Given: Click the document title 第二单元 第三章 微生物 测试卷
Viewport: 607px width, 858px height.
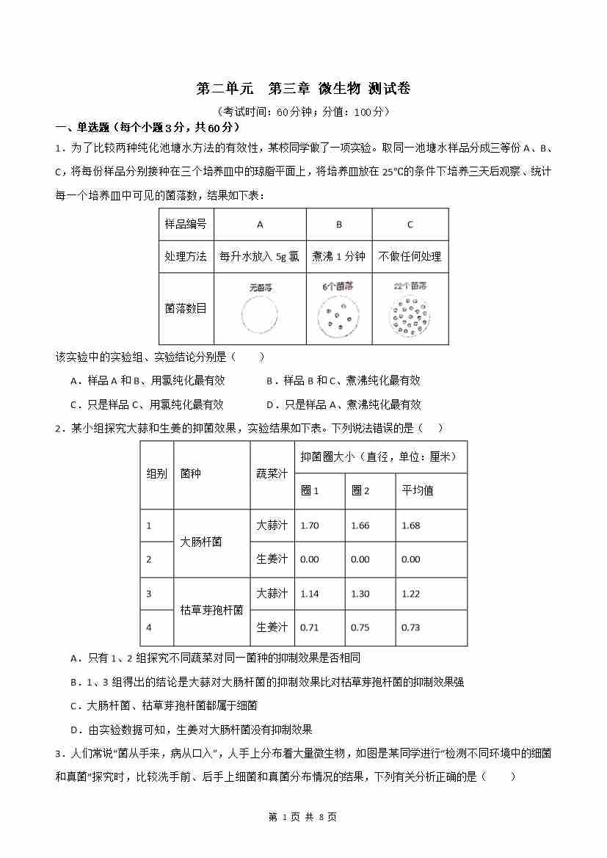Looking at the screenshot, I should click(303, 89).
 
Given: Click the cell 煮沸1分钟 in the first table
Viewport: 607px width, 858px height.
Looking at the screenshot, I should click(338, 257).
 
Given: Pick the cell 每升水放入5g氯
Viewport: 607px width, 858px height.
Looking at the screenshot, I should click(259, 257).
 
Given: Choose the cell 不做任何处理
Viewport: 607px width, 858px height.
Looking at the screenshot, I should click(410, 257).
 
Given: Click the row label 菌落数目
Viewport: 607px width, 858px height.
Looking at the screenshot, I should click(186, 308).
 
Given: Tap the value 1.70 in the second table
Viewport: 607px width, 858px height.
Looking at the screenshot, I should click(310, 526).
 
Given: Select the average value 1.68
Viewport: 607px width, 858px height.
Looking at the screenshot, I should click(411, 526).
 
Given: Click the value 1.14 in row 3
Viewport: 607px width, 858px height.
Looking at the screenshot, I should click(310, 594).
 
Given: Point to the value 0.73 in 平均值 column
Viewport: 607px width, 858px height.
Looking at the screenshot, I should click(411, 628).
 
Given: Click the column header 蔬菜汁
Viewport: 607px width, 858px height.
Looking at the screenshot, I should click(271, 473).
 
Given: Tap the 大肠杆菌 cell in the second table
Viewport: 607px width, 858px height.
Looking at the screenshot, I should click(201, 542).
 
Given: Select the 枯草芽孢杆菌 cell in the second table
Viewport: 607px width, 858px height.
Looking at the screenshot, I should click(211, 611).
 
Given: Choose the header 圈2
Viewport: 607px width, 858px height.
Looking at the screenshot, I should click(360, 491).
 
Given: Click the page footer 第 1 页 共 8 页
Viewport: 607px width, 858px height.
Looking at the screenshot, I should click(303, 817).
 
